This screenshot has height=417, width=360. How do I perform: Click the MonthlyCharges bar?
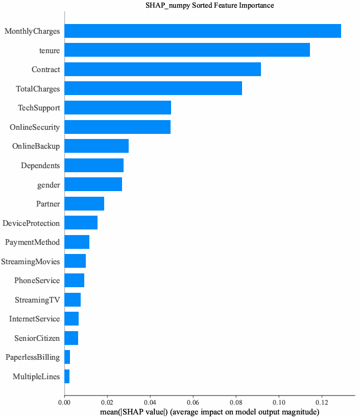coord(203,31)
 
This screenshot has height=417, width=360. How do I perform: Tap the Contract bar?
coord(162,69)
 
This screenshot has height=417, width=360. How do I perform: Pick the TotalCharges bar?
coord(153,88)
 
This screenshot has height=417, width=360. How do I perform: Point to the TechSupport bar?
coord(117,108)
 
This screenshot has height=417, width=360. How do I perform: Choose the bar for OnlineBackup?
coord(97,146)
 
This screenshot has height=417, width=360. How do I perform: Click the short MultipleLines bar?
coord(67,377)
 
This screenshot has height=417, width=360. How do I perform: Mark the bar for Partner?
coord(84,204)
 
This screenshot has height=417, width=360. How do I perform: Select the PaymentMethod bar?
coord(77,242)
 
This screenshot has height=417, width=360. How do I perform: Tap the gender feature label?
coord(49,185)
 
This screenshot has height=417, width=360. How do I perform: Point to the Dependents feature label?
coord(40,166)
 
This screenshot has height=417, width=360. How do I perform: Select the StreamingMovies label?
coord(30,262)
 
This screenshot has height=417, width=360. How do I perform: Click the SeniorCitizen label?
coord(34,338)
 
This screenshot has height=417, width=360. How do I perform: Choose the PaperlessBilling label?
coord(33,357)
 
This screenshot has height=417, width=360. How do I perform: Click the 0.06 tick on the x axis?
coord(193,403)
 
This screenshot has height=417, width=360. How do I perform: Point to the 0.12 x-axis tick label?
coord(322,403)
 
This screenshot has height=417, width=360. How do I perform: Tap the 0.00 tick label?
coord(64,403)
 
